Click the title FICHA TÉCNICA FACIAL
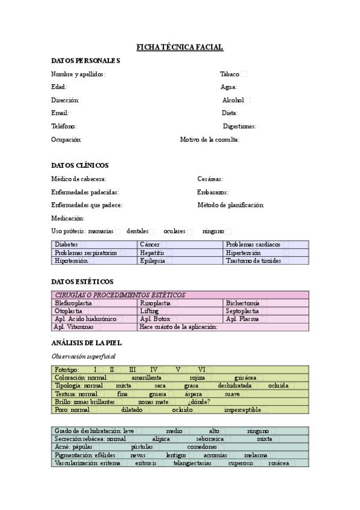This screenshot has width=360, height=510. [180, 47]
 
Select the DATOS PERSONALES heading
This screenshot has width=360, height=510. [86, 61]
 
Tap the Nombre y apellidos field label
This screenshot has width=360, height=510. [79, 74]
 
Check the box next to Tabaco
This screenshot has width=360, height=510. [243, 74]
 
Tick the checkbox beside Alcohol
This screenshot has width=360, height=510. [248, 100]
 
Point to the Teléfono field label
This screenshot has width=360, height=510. [64, 126]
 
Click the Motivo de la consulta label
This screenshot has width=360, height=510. [210, 140]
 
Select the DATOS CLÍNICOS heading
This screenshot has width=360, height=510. [80, 165]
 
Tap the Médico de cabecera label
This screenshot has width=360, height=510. [79, 179]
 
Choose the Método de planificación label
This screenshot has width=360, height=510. [231, 205]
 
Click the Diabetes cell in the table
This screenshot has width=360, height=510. [66, 245]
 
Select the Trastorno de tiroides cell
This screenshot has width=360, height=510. [253, 261]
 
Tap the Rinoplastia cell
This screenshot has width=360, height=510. [155, 303]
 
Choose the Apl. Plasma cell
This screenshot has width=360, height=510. [243, 319]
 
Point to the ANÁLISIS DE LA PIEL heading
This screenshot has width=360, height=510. [87, 343]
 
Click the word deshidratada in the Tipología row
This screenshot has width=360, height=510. [235, 386]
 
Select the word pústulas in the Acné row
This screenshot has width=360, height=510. [142, 447]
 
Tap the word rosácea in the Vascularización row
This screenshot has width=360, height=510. [279, 463]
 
